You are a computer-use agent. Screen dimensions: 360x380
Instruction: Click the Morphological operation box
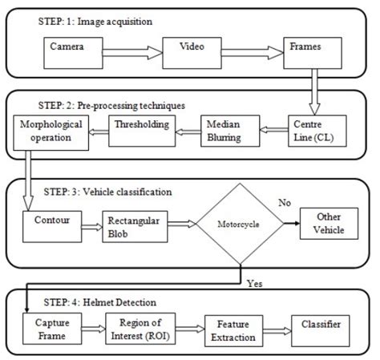[49, 131]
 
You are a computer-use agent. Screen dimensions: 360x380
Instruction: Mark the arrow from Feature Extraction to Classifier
[277, 329]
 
